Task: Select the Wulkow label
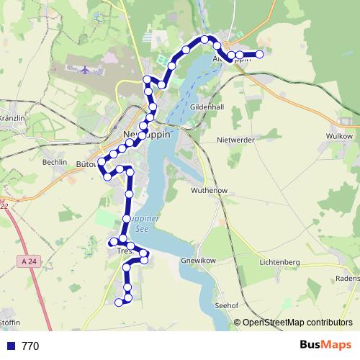coord(338,135)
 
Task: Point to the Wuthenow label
coord(209,190)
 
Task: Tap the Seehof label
coord(226,305)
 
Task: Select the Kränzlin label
coord(12,117)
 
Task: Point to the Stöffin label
coord(9,321)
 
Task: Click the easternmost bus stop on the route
coord(260,54)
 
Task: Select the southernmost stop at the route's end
coord(119,302)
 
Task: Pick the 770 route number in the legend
coord(30,346)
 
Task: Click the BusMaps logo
coord(325,345)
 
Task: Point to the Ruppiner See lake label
coord(135,222)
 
